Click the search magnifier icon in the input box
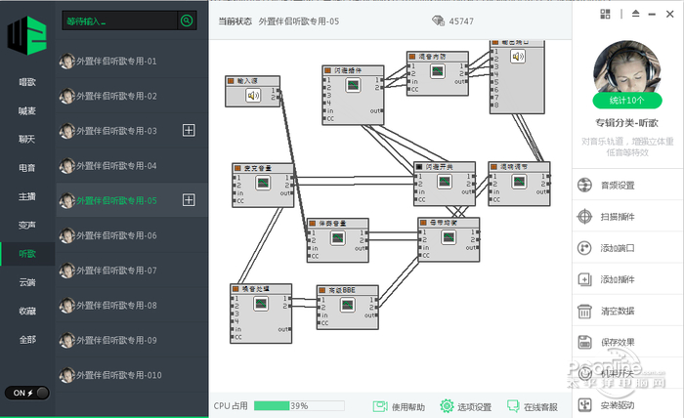[186, 21]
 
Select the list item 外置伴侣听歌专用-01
[117, 61]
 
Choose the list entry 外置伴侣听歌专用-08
[117, 306]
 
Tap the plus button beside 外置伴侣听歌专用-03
[190, 130]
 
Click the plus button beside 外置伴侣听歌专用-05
[190, 200]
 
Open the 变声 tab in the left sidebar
[27, 225]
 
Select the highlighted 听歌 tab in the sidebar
[27, 253]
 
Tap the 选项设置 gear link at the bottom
[466, 406]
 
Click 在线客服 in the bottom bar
[533, 406]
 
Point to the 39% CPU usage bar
[298, 405]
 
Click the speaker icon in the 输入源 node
[253, 96]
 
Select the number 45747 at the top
[463, 21]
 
